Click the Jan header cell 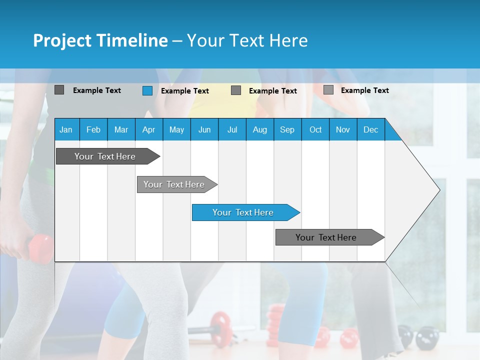click(x=66, y=129)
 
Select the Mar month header click(x=121, y=129)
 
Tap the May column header click(x=176, y=129)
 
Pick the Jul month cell click(x=232, y=129)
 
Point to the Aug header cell click(x=259, y=129)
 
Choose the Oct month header click(x=315, y=129)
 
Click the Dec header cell click(x=370, y=129)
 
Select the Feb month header click(x=93, y=129)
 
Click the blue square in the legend click(x=147, y=90)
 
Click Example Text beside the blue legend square click(x=184, y=91)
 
